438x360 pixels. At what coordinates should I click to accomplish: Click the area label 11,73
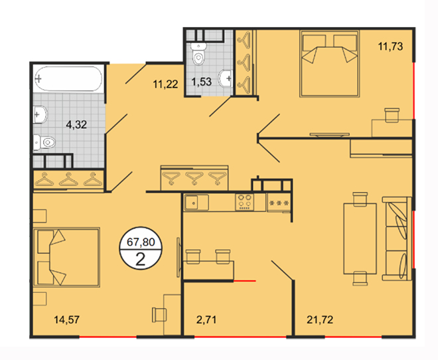coord(390,46)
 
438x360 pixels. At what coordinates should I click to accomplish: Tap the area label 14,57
coord(67,319)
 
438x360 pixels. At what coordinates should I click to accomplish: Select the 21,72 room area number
coord(320,319)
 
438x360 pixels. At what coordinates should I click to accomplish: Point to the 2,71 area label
coord(206,319)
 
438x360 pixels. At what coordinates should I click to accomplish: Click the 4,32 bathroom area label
coord(76,124)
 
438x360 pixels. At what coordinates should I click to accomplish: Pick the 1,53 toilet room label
coord(201,82)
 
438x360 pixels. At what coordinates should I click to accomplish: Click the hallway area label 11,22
coord(165,84)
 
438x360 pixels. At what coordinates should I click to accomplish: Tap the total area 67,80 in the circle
coord(141,242)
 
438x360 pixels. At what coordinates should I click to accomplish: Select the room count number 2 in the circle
coord(140,260)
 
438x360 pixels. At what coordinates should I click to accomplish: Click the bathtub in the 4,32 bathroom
coord(68,78)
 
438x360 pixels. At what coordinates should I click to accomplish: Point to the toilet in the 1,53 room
coord(198,54)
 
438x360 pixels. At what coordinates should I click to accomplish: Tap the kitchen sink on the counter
coord(196,203)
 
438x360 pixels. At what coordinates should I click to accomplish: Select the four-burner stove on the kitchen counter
coord(244,202)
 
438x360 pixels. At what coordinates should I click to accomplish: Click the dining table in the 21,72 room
coord(360,238)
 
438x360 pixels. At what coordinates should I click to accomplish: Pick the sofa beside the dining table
coord(397,238)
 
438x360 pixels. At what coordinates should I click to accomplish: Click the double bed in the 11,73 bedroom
coord(329,64)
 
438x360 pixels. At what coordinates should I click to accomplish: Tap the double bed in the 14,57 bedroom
coord(66,257)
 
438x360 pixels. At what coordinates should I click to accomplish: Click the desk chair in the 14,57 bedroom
coord(159,315)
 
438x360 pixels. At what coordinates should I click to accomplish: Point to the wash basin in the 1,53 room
coord(226,78)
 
